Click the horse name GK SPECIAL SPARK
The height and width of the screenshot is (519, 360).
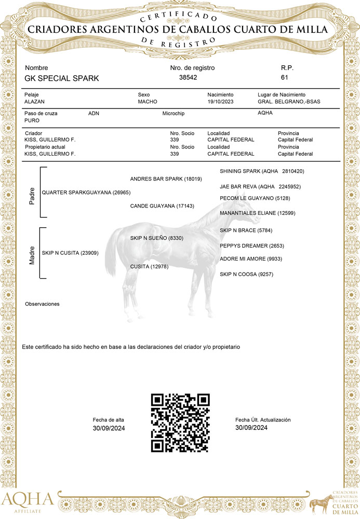[x=62, y=78]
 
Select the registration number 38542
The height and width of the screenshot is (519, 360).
[x=188, y=77]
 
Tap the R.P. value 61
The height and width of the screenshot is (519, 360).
[x=284, y=77]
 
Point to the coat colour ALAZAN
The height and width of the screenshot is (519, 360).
[x=35, y=102]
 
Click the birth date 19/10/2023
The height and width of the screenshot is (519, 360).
[x=221, y=102]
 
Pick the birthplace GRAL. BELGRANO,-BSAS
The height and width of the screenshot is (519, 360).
[x=289, y=102]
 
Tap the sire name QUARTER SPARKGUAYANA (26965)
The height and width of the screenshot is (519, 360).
[x=86, y=193]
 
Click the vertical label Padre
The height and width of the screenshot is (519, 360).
[x=32, y=195]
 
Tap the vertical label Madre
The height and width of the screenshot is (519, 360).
[x=32, y=255]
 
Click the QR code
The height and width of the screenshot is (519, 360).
[x=180, y=422]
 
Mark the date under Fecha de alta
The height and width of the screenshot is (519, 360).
[x=109, y=428]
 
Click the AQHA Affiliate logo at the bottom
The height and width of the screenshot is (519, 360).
[x=28, y=501]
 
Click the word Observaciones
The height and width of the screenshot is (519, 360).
[x=42, y=304]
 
